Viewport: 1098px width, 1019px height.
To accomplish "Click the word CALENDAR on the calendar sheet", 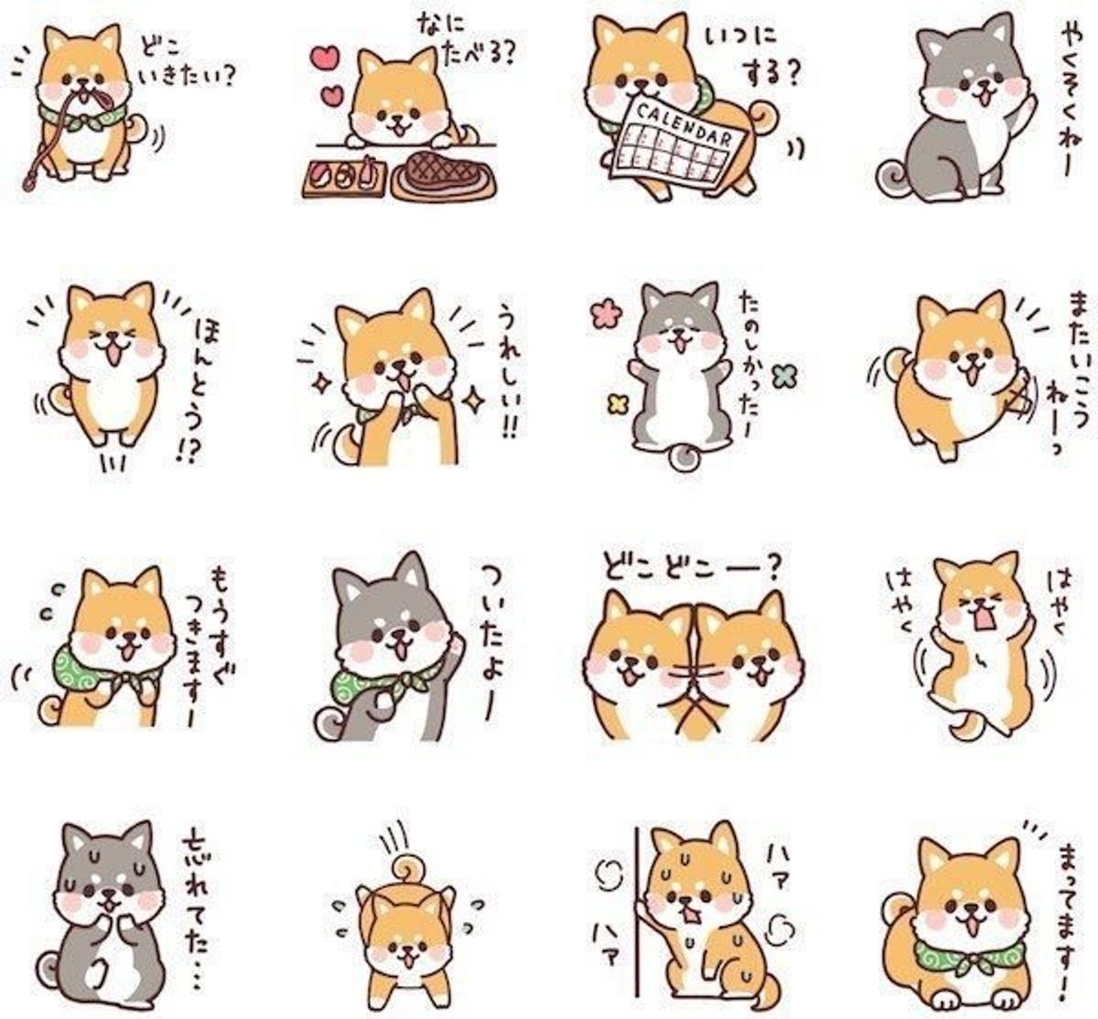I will (684, 126).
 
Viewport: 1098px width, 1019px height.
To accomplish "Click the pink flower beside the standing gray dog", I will (604, 316).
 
